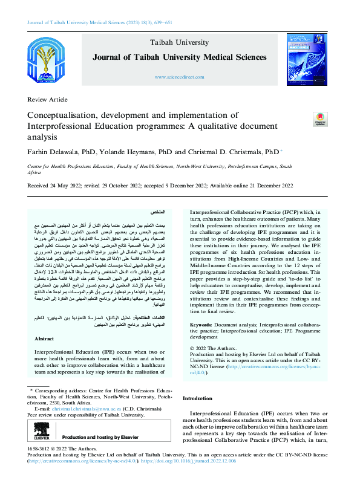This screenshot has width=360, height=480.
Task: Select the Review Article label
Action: pos(48,99)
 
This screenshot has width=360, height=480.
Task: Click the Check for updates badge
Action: pos(318,118)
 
